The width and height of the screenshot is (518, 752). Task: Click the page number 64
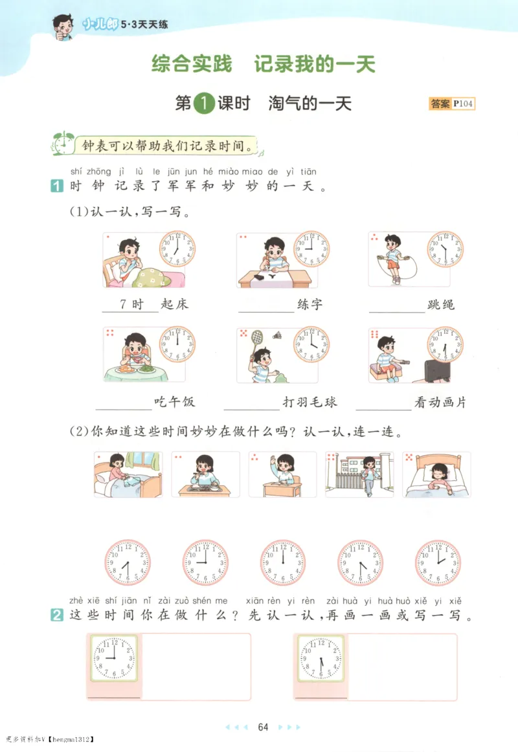coord(263,727)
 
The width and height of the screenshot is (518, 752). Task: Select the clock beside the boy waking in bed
coord(177,249)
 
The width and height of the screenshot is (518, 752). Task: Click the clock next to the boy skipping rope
coord(445,249)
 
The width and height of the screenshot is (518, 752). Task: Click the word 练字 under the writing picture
coord(309,304)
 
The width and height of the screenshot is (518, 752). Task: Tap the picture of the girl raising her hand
coord(282,474)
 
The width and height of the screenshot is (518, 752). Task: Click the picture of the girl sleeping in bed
coord(436,474)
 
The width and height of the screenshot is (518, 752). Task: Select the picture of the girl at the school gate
coord(359,474)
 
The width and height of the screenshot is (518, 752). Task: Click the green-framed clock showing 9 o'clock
coord(113,658)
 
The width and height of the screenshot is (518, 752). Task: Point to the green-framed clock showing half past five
coord(321,658)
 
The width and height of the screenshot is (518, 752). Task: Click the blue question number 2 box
coord(56,617)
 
